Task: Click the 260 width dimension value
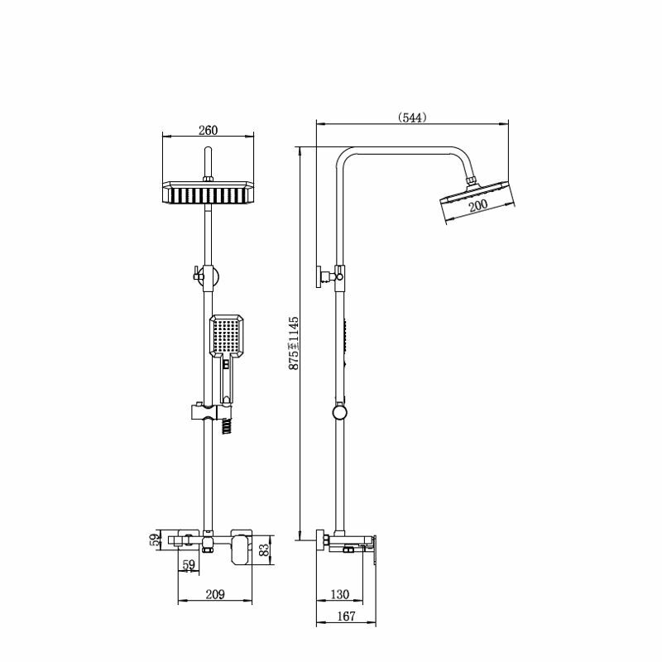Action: click(x=209, y=130)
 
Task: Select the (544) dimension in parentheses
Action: click(x=412, y=118)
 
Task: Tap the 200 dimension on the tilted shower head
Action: click(x=478, y=205)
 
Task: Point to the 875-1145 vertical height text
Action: click(x=294, y=343)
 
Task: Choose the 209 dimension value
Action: click(x=215, y=594)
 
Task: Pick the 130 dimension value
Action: click(x=339, y=594)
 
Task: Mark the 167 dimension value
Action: click(x=346, y=616)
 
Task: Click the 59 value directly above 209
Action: click(x=189, y=565)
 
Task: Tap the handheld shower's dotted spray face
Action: click(x=226, y=336)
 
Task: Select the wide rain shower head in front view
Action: click(x=209, y=193)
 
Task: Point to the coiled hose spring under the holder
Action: click(x=227, y=426)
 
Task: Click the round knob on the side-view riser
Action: click(x=339, y=412)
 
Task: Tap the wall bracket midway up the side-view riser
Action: click(x=325, y=277)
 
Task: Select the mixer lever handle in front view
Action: click(x=241, y=549)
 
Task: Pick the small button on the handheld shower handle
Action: click(x=226, y=364)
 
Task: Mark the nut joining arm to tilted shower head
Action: click(x=472, y=180)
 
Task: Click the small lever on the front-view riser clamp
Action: click(x=198, y=273)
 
